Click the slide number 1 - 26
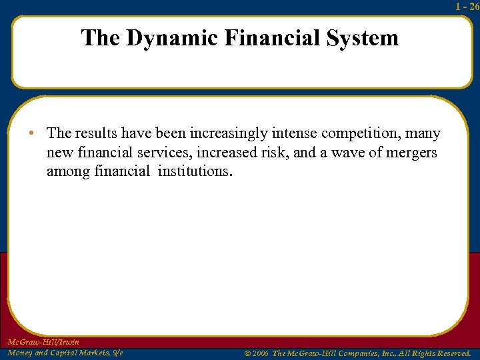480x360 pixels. coord(467,7)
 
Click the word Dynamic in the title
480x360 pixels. coord(172,37)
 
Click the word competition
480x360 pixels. coord(369,134)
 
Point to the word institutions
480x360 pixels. coord(195,171)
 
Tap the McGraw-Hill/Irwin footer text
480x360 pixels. coord(44,342)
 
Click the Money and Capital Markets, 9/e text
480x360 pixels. coord(65,352)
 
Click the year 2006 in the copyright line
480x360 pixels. coord(259,352)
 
